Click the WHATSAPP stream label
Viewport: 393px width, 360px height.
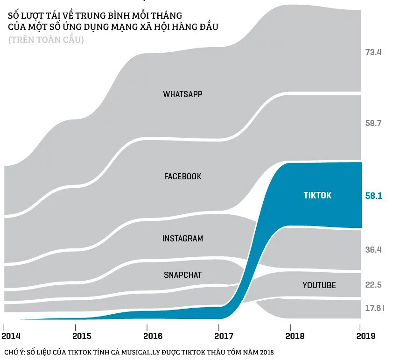click(x=182, y=94)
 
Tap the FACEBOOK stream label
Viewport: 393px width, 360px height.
click(x=182, y=176)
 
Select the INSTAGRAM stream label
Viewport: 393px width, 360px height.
click(x=182, y=239)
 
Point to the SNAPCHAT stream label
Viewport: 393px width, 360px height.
click(x=182, y=275)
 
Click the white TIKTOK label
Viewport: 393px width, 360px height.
click(x=317, y=195)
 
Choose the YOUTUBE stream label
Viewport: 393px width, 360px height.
click(x=319, y=285)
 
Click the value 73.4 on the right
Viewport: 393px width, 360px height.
click(x=373, y=52)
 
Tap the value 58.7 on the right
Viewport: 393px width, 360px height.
click(x=373, y=123)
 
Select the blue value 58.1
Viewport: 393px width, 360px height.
click(x=373, y=196)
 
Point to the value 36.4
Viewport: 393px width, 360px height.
click(x=373, y=250)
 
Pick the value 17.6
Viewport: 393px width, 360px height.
click(x=373, y=308)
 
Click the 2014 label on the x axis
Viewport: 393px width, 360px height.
click(x=11, y=336)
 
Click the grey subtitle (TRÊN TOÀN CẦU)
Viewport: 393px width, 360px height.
click(x=46, y=40)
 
